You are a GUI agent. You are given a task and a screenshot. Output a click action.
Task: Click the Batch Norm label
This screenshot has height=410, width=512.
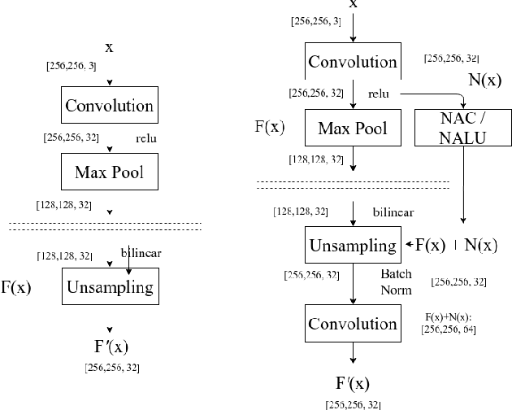point(396,281)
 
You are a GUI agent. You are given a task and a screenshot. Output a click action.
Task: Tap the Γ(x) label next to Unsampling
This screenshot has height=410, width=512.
point(15,287)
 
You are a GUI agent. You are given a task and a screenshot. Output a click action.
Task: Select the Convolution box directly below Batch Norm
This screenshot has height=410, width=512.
point(352,324)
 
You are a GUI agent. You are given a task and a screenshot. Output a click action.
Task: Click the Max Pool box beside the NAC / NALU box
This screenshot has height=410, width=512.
point(352,129)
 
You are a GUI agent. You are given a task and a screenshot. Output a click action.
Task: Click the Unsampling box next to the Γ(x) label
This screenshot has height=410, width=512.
point(108,287)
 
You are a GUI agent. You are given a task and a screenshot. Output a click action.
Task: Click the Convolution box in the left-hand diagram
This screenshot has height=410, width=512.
point(108,106)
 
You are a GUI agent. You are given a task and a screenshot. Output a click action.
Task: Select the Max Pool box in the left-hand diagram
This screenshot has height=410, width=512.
point(108,172)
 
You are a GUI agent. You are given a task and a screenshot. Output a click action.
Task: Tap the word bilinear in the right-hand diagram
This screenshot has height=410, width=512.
point(393,212)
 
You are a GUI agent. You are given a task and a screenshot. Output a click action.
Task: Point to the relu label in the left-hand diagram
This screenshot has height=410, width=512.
point(145,139)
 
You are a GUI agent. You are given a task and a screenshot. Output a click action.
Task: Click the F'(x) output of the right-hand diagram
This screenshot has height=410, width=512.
point(352,383)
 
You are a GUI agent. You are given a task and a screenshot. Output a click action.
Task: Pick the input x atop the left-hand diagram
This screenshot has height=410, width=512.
point(109,47)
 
